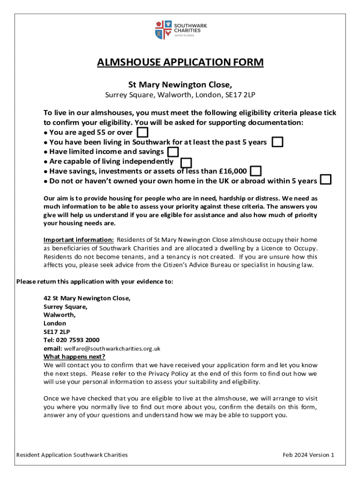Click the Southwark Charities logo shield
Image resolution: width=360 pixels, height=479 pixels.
coord(160,29)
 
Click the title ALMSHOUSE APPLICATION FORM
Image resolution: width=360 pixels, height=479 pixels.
coord(180,63)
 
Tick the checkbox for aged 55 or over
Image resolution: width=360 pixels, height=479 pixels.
coord(143,132)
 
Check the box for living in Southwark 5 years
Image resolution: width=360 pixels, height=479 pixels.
coord(278,142)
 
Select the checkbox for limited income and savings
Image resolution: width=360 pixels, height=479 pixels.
coord(173,152)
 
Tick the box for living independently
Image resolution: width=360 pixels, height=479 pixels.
coord(186,162)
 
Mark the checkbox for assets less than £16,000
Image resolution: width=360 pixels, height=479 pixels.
coord(256,171)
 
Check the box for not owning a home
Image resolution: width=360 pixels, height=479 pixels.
coord(326,180)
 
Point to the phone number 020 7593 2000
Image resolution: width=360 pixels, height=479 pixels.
coord(78,340)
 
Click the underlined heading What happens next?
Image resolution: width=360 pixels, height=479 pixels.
coord(74,357)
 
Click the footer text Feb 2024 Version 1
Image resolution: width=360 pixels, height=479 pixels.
coord(309,455)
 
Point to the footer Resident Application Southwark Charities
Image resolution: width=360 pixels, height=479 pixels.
coord(72,455)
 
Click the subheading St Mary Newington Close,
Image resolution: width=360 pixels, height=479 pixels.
coord(180,85)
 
